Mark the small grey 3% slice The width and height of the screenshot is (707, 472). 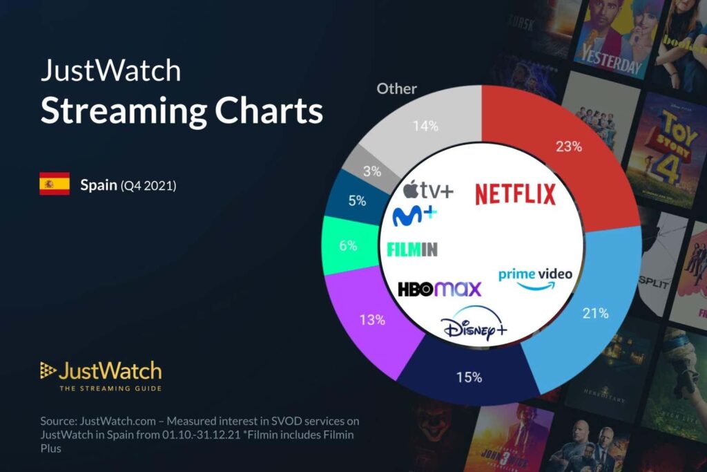(371, 171)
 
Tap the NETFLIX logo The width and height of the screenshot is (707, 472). (515, 194)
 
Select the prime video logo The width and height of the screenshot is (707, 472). (535, 278)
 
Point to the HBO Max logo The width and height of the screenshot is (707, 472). (439, 289)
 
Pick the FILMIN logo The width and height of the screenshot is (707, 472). (413, 249)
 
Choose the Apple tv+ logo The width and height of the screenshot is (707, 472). (428, 189)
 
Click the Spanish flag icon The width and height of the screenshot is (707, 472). (55, 184)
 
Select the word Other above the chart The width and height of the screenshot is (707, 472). (396, 89)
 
